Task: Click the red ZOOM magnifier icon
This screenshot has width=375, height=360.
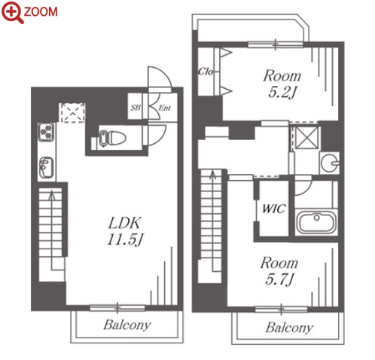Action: point(13,12)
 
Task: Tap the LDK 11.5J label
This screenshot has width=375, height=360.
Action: point(125,231)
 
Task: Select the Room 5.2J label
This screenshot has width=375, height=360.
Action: point(282,84)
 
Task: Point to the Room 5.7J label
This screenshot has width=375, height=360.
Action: point(279,271)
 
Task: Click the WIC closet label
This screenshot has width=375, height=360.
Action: point(273,209)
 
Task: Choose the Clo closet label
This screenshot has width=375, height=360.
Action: point(206,72)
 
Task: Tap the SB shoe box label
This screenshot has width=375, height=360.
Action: point(136,108)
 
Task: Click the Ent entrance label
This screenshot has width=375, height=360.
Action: point(165,108)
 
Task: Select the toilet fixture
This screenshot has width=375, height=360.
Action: point(112,138)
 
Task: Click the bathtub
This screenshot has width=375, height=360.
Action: point(316,221)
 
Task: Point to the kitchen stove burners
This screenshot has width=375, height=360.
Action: point(46,132)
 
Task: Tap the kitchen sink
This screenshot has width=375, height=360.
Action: point(46,167)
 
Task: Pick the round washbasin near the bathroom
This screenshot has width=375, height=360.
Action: point(330,163)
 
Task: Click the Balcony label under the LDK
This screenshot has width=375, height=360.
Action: point(127,325)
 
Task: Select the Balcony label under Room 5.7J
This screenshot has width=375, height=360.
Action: point(289,328)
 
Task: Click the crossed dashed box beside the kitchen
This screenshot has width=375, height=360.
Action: point(72,113)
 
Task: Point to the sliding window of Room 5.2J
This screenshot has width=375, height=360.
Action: point(276,45)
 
